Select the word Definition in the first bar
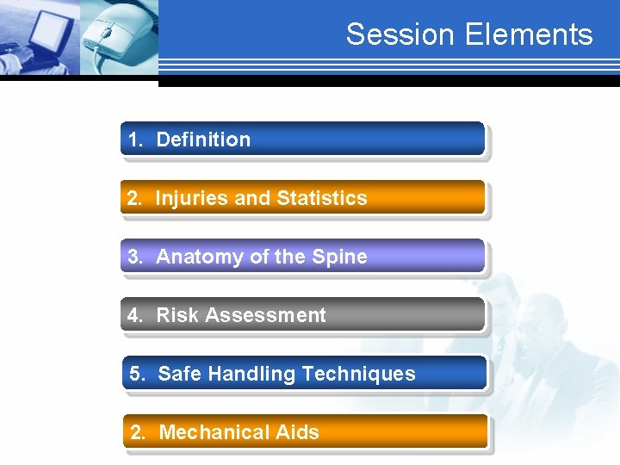(203, 139)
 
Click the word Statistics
(322, 198)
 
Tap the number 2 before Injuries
(133, 198)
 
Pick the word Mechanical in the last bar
(213, 432)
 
